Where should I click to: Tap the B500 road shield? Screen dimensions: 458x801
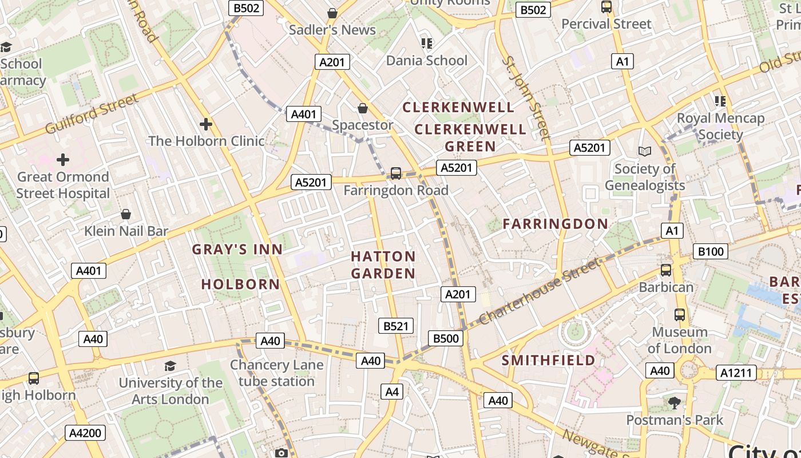point(446,338)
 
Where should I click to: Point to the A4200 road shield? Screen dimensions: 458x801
point(85,433)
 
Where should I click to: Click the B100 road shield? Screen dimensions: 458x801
point(711,251)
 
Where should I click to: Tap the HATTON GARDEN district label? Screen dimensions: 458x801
point(383,265)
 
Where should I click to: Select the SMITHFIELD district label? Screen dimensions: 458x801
point(549,360)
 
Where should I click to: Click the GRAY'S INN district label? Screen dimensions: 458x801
point(237,250)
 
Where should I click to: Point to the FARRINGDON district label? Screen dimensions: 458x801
point(555,224)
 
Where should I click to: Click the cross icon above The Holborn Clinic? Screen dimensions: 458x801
point(206,124)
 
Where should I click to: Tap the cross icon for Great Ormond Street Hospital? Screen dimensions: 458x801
point(63,159)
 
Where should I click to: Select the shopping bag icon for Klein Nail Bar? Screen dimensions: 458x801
point(126,214)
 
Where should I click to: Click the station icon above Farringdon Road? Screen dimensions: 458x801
point(395,173)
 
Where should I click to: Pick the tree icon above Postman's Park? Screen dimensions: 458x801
point(674,402)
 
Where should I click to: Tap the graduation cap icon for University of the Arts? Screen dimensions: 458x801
point(170,365)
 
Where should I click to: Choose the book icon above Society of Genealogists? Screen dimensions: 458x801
point(645,151)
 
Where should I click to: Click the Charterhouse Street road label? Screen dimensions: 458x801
point(541,291)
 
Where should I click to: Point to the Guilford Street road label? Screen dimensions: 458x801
point(92,113)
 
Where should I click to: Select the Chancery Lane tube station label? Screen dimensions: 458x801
point(277,373)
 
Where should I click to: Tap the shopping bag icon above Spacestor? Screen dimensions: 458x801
point(362,108)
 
